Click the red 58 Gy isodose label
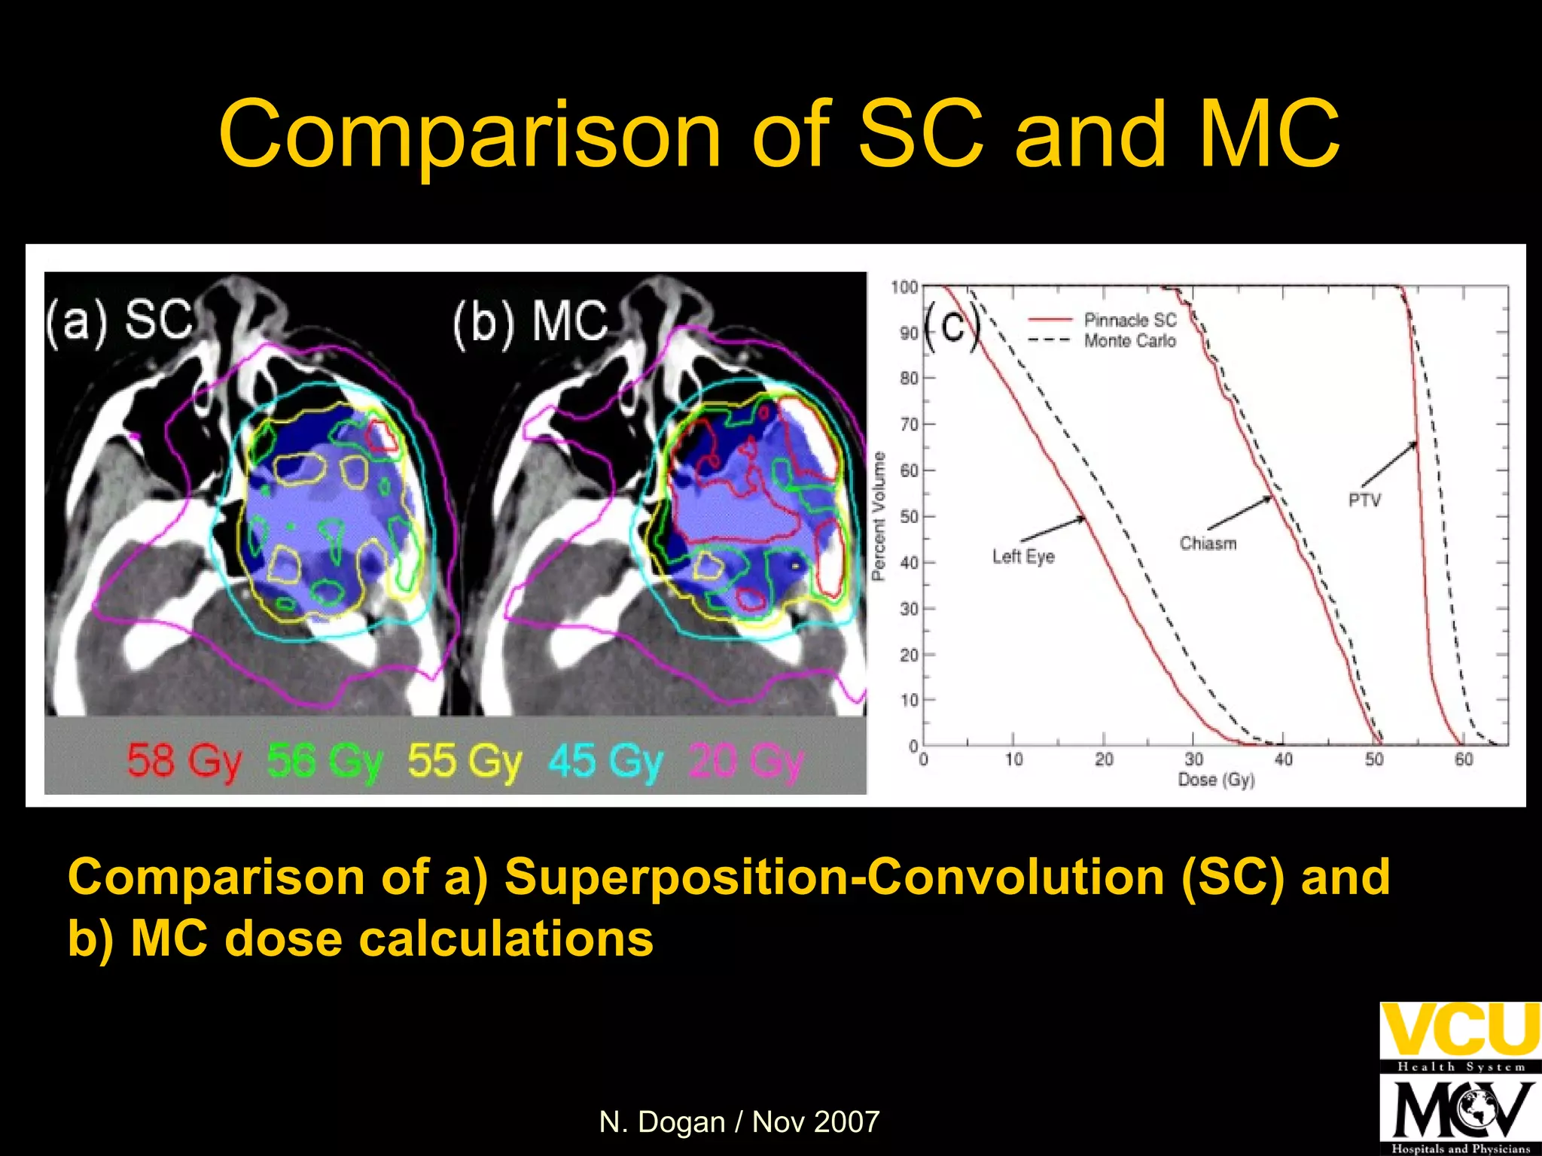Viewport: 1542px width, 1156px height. click(184, 760)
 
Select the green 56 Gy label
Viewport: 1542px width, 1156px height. click(325, 760)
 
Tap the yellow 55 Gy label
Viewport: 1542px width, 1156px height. click(465, 760)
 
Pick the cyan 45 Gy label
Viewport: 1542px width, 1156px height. click(605, 760)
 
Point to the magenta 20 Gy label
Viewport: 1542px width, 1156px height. click(746, 760)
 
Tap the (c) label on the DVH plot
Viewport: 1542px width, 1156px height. click(952, 327)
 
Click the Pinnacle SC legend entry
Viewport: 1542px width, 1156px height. click(1129, 320)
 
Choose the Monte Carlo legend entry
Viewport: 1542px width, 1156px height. click(1129, 341)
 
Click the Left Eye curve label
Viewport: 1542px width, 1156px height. click(1022, 557)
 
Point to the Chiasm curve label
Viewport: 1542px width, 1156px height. click(1208, 543)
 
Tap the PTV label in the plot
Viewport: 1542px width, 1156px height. click(1364, 500)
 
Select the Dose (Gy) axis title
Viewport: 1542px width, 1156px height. click(1216, 780)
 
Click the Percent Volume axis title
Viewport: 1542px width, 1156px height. click(878, 516)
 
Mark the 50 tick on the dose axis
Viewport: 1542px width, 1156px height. click(1374, 759)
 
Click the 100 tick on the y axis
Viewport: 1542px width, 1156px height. click(904, 287)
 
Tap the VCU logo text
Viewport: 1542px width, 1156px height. click(1459, 1029)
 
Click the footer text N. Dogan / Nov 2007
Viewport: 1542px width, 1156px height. click(739, 1122)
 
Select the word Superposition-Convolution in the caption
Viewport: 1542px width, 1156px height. click(834, 877)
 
